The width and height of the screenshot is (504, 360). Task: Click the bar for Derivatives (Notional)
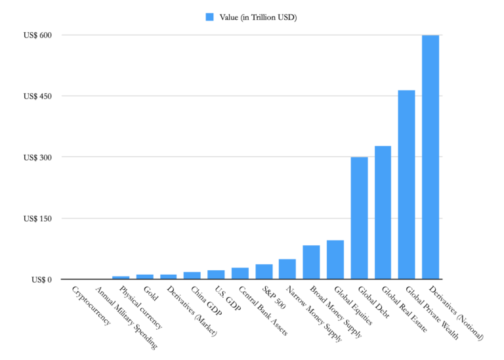(430, 157)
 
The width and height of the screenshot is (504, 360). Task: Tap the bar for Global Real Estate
(383, 212)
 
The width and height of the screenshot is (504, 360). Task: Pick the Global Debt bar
(359, 218)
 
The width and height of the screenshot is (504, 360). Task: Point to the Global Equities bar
(335, 260)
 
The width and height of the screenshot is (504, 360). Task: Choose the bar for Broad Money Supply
(311, 263)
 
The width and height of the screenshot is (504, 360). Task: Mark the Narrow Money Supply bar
(287, 270)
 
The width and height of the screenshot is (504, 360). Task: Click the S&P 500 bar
(264, 272)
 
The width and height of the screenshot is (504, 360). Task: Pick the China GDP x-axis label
(206, 301)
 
